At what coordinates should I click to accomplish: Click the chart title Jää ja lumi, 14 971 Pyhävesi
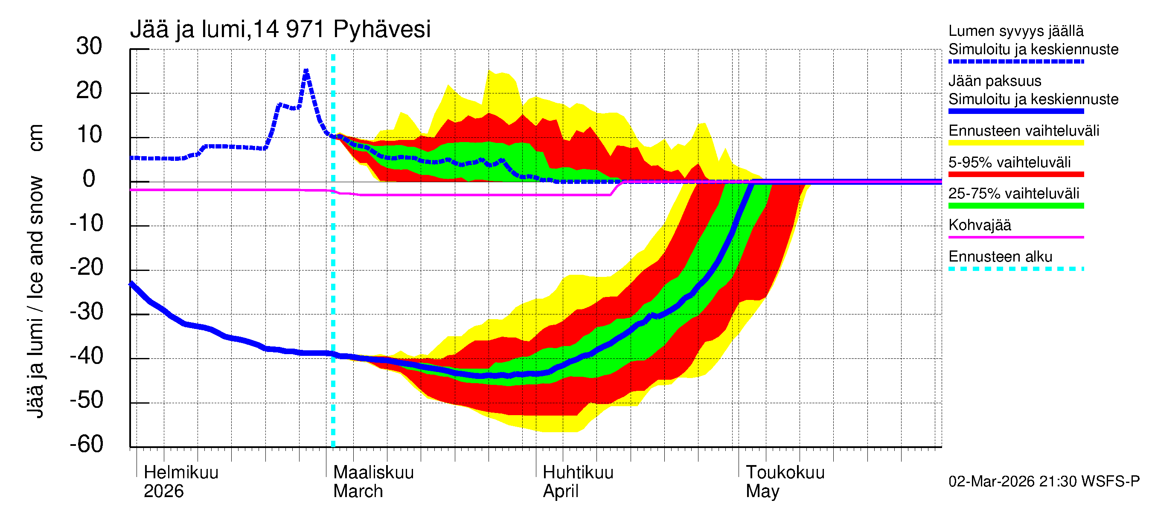pos(280,29)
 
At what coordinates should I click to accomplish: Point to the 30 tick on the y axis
pos(89,46)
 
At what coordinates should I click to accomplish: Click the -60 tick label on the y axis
pos(86,444)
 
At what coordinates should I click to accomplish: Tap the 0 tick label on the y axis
pos(89,179)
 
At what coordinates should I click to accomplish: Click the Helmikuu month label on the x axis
pos(181,473)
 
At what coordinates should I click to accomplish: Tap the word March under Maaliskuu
pos(358,492)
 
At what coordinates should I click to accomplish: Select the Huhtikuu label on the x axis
pos(578,473)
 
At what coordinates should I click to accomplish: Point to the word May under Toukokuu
pos(762,492)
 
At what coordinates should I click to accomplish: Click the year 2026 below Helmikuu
pos(164,492)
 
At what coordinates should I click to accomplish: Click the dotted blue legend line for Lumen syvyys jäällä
pos(1015,62)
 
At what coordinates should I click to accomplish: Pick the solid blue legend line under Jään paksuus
pos(1015,111)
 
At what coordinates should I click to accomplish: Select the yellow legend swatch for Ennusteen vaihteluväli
pos(1015,143)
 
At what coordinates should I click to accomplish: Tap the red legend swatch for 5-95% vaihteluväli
pos(1015,175)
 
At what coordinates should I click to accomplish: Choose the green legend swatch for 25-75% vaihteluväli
pos(1015,206)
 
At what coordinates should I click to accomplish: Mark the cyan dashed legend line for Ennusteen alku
pos(1015,269)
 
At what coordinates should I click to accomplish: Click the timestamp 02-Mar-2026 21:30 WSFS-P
pos(1044,482)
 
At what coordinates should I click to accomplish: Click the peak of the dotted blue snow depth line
pos(306,71)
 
